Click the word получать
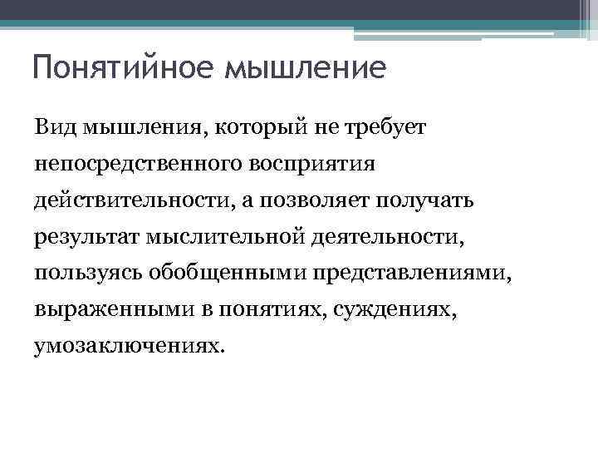point(424,200)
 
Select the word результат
point(87,237)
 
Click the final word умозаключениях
point(129,347)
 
